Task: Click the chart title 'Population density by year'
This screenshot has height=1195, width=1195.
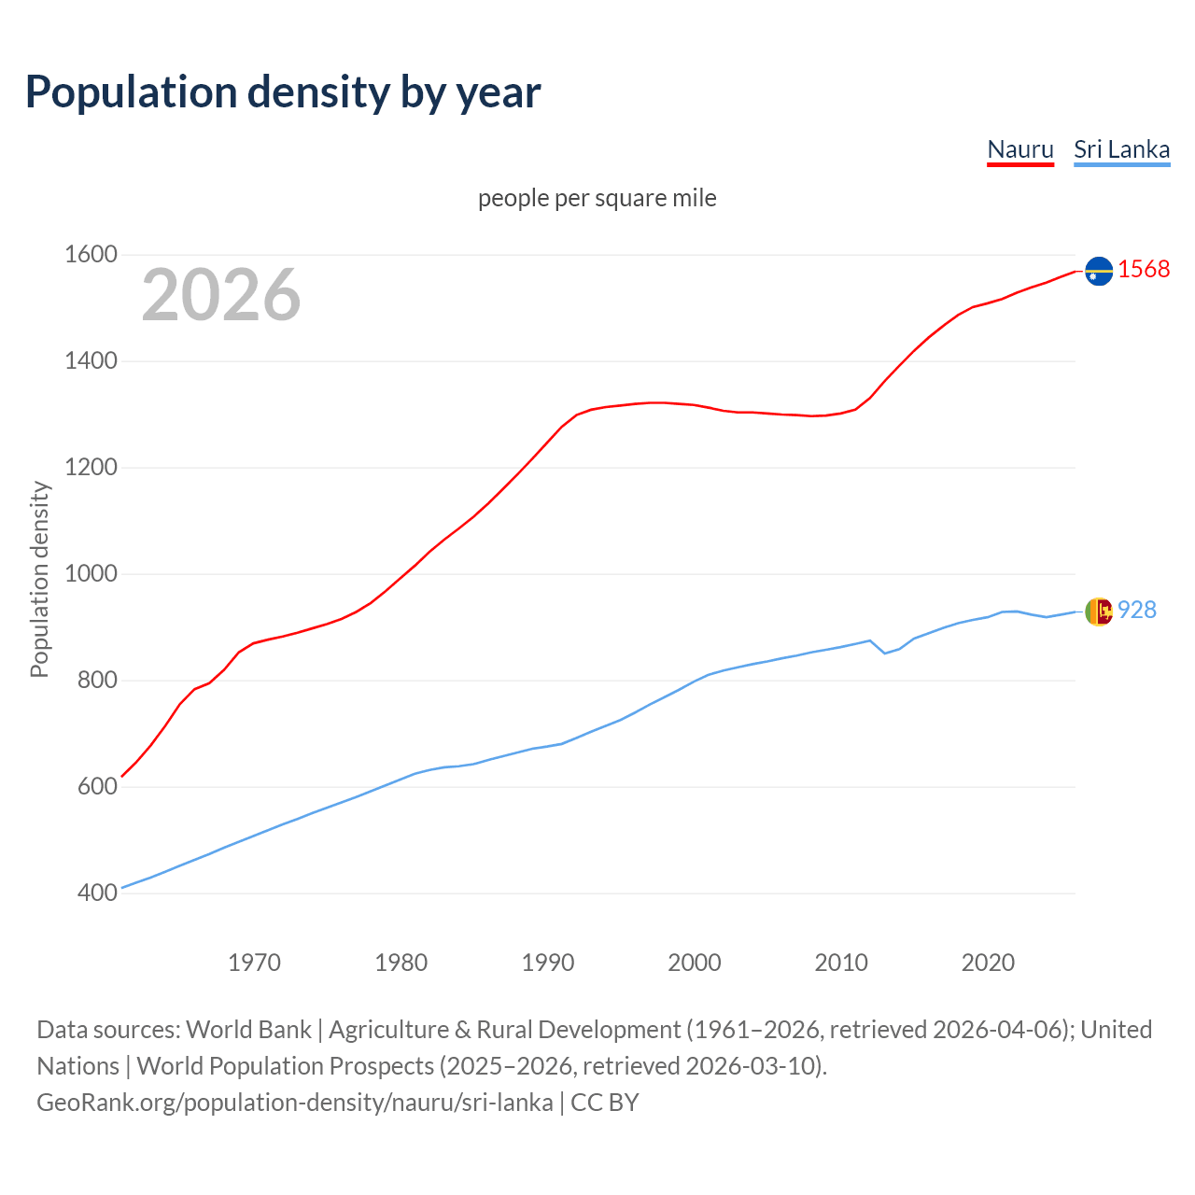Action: [x=283, y=92]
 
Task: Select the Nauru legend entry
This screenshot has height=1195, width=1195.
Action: [x=1020, y=149]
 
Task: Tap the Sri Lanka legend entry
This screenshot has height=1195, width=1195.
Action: [x=1121, y=149]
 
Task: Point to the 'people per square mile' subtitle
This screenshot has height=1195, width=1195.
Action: [x=597, y=198]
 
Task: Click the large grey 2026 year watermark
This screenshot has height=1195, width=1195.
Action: [x=221, y=295]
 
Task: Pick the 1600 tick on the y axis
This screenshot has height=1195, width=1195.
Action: [x=91, y=255]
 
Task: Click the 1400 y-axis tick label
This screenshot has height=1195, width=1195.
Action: [x=91, y=361]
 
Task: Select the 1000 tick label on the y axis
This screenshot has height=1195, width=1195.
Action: [x=91, y=574]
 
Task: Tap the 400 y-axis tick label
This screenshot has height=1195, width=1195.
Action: [x=97, y=893]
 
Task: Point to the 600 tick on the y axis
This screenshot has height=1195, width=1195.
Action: [x=97, y=787]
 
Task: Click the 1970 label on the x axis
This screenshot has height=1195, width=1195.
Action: [x=254, y=963]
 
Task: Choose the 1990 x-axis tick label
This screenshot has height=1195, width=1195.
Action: [x=548, y=963]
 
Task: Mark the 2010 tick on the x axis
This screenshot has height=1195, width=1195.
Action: [x=841, y=963]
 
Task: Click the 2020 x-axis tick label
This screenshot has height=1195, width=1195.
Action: [x=988, y=963]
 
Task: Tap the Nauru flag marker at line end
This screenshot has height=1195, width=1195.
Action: [x=1099, y=271]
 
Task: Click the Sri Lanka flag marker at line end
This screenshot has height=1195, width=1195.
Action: [x=1099, y=612]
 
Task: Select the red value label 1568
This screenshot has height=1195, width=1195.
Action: [x=1144, y=270]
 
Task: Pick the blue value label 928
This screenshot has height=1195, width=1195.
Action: [x=1137, y=611]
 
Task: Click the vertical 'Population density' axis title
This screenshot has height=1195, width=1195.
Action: [x=39, y=579]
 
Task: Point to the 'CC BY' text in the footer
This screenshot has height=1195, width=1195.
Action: [x=605, y=1103]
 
